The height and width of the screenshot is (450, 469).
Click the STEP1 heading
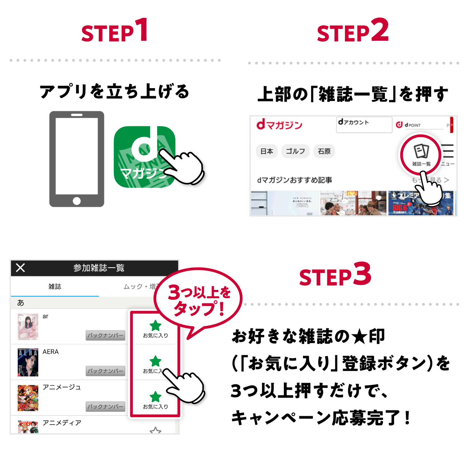tap(115, 31)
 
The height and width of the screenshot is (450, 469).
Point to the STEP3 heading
tap(335, 276)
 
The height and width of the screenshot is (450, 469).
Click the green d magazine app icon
tap(145, 157)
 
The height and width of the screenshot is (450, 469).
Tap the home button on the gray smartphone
tap(77, 201)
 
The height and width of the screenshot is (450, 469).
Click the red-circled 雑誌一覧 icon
tap(421, 153)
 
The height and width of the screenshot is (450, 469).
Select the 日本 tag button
tap(267, 151)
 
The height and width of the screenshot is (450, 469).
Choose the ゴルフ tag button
tap(295, 151)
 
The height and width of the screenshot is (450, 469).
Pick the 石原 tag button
tap(324, 151)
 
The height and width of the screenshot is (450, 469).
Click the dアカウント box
tap(364, 124)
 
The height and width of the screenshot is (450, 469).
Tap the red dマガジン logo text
tap(279, 125)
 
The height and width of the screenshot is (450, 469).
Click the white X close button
tap(21, 268)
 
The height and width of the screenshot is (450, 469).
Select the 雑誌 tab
tap(55, 287)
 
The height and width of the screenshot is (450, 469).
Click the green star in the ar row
tap(155, 325)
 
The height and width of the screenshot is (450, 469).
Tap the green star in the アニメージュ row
tap(155, 397)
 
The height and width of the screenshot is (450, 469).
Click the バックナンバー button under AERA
tap(105, 371)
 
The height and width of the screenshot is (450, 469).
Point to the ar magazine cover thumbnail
tap(28, 327)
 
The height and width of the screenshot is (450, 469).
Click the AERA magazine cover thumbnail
tap(28, 362)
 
